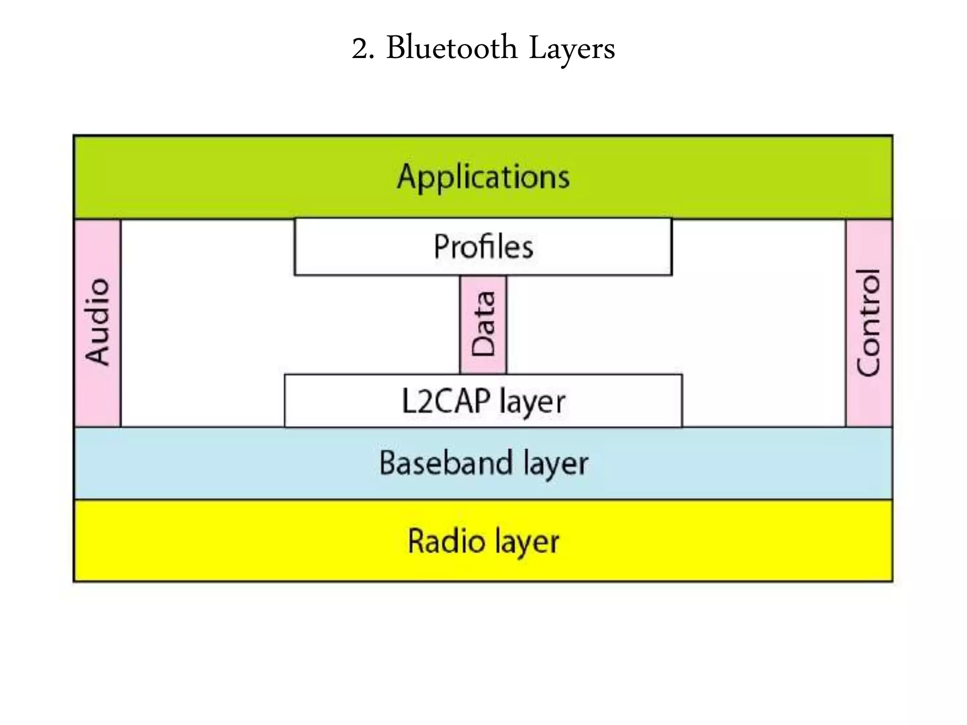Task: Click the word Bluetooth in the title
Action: point(452,49)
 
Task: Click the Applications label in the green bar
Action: point(483,177)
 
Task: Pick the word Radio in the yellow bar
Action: point(447,541)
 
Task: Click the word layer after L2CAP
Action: point(532,403)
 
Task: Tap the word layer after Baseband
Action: point(556,464)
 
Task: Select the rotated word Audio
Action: point(98,321)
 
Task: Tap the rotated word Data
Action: point(483,324)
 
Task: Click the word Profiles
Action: point(483,247)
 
